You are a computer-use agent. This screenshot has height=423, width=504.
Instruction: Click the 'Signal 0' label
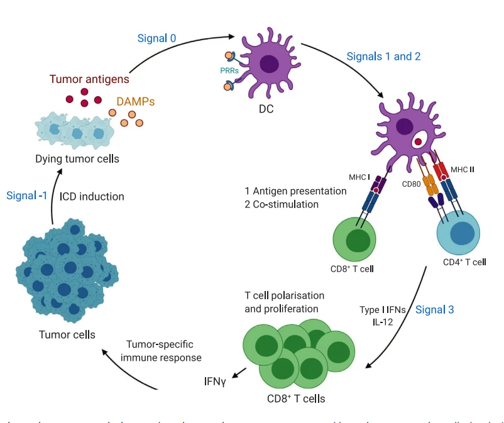(156, 38)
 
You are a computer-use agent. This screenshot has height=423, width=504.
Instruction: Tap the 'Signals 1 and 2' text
(383, 56)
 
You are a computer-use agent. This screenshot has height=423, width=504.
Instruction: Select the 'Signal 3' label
(434, 309)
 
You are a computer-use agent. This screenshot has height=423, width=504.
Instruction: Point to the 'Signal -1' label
(27, 195)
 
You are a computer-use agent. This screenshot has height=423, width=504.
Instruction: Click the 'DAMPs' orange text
(135, 101)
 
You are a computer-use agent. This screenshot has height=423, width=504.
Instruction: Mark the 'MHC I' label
(360, 177)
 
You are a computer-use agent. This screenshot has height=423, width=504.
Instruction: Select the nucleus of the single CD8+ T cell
(358, 241)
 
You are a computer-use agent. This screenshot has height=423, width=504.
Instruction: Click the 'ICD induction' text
(92, 196)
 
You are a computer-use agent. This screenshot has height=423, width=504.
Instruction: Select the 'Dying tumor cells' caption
(77, 158)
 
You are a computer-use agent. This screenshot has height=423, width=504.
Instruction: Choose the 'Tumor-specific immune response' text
(164, 351)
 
